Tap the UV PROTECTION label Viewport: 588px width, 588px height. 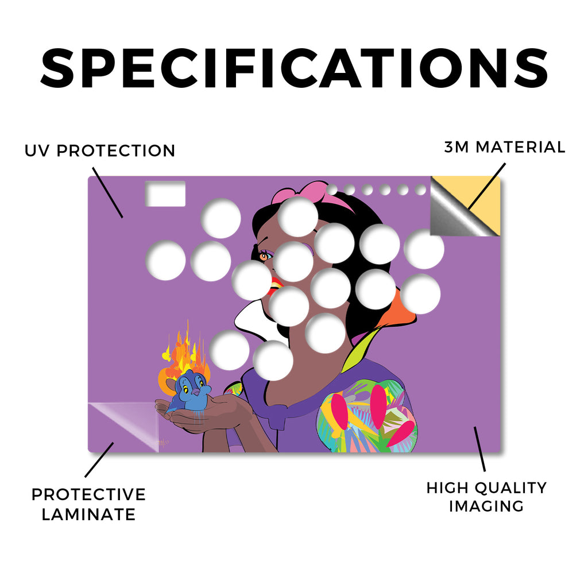100,151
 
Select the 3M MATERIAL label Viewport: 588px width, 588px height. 505,147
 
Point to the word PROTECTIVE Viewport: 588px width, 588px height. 88,494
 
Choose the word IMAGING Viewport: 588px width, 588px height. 486,506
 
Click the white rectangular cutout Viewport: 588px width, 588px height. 165,194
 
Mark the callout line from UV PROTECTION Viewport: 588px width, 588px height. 107,192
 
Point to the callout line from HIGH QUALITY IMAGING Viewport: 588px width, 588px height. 479,449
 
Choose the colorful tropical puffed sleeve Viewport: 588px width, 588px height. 367,416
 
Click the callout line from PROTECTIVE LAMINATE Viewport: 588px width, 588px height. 99,460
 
